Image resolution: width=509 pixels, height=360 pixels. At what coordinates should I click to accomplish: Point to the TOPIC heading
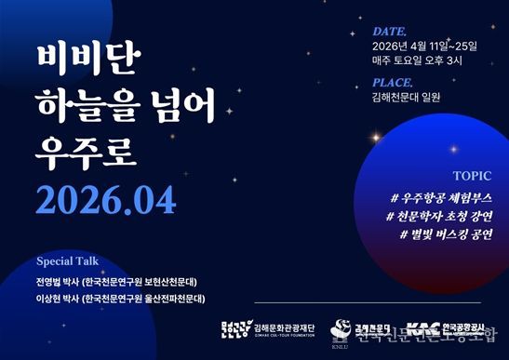point(473,175)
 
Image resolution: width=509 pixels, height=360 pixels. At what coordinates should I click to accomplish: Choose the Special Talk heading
point(66,260)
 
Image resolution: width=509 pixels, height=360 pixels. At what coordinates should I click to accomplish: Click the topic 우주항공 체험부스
point(448,198)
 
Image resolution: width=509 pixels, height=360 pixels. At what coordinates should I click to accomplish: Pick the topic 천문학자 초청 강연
point(446,216)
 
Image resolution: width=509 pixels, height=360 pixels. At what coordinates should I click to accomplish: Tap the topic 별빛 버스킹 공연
point(452,233)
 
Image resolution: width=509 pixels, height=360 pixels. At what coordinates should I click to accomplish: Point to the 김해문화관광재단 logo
point(269,328)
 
